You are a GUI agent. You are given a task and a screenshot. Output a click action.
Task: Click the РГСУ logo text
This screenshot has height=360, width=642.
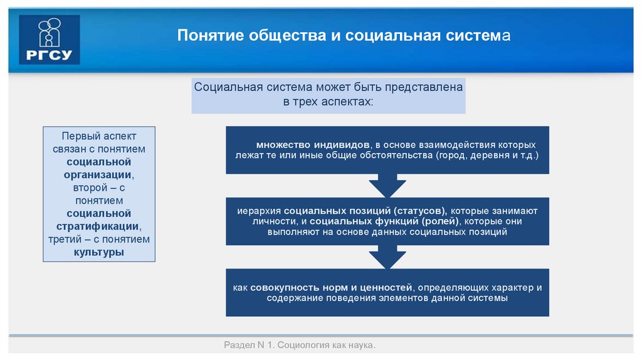coord(50,55)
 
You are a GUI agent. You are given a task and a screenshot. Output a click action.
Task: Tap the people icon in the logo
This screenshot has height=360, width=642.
coord(50,32)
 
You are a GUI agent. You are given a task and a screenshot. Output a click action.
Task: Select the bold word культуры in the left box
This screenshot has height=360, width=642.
coord(98,252)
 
